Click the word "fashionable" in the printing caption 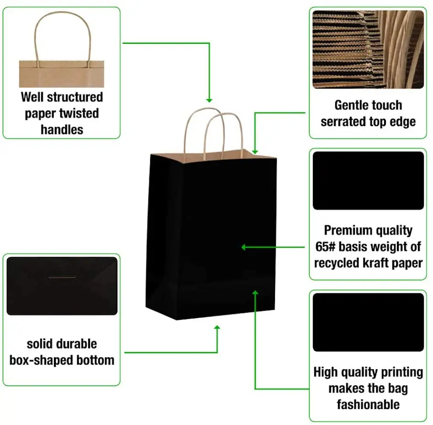pyautogui.click(x=368, y=404)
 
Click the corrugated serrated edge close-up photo pyautogui.click(x=368, y=49)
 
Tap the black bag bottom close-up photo pyautogui.click(x=62, y=286)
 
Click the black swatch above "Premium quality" pyautogui.click(x=368, y=181)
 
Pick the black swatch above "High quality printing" pyautogui.click(x=368, y=322)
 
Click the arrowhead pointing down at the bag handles pyautogui.click(x=209, y=100)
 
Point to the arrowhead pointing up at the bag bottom pyautogui.click(x=217, y=328)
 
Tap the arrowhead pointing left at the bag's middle pyautogui.click(x=244, y=247)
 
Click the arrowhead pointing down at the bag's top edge pyautogui.click(x=255, y=151)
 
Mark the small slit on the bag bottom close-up pyautogui.click(x=62, y=277)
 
